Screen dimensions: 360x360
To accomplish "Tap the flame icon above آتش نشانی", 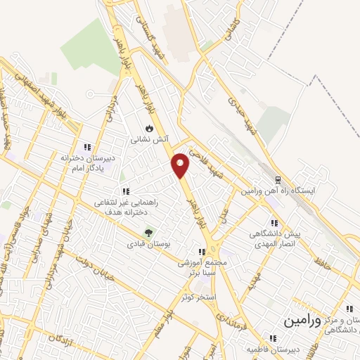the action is (x=149, y=128).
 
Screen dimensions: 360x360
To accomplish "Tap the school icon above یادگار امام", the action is (x=87, y=147).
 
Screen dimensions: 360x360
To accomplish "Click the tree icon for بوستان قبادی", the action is (x=149, y=233).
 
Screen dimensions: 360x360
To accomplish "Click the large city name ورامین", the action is (x=302, y=321).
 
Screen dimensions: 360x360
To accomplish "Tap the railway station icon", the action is (x=278, y=179).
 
